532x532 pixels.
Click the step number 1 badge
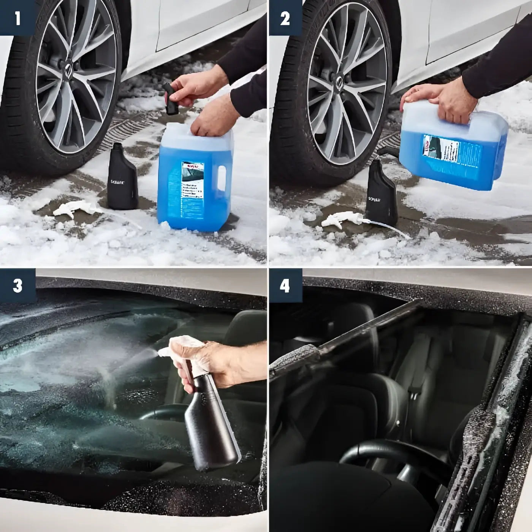pyautogui.click(x=17, y=18)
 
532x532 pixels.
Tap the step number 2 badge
pyautogui.click(x=285, y=18)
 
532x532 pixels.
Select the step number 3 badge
pyautogui.click(x=17, y=285)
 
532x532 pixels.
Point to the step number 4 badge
pyautogui.click(x=285, y=285)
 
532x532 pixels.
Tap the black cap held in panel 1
pyautogui.click(x=172, y=99)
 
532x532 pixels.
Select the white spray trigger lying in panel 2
pyautogui.click(x=342, y=220)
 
